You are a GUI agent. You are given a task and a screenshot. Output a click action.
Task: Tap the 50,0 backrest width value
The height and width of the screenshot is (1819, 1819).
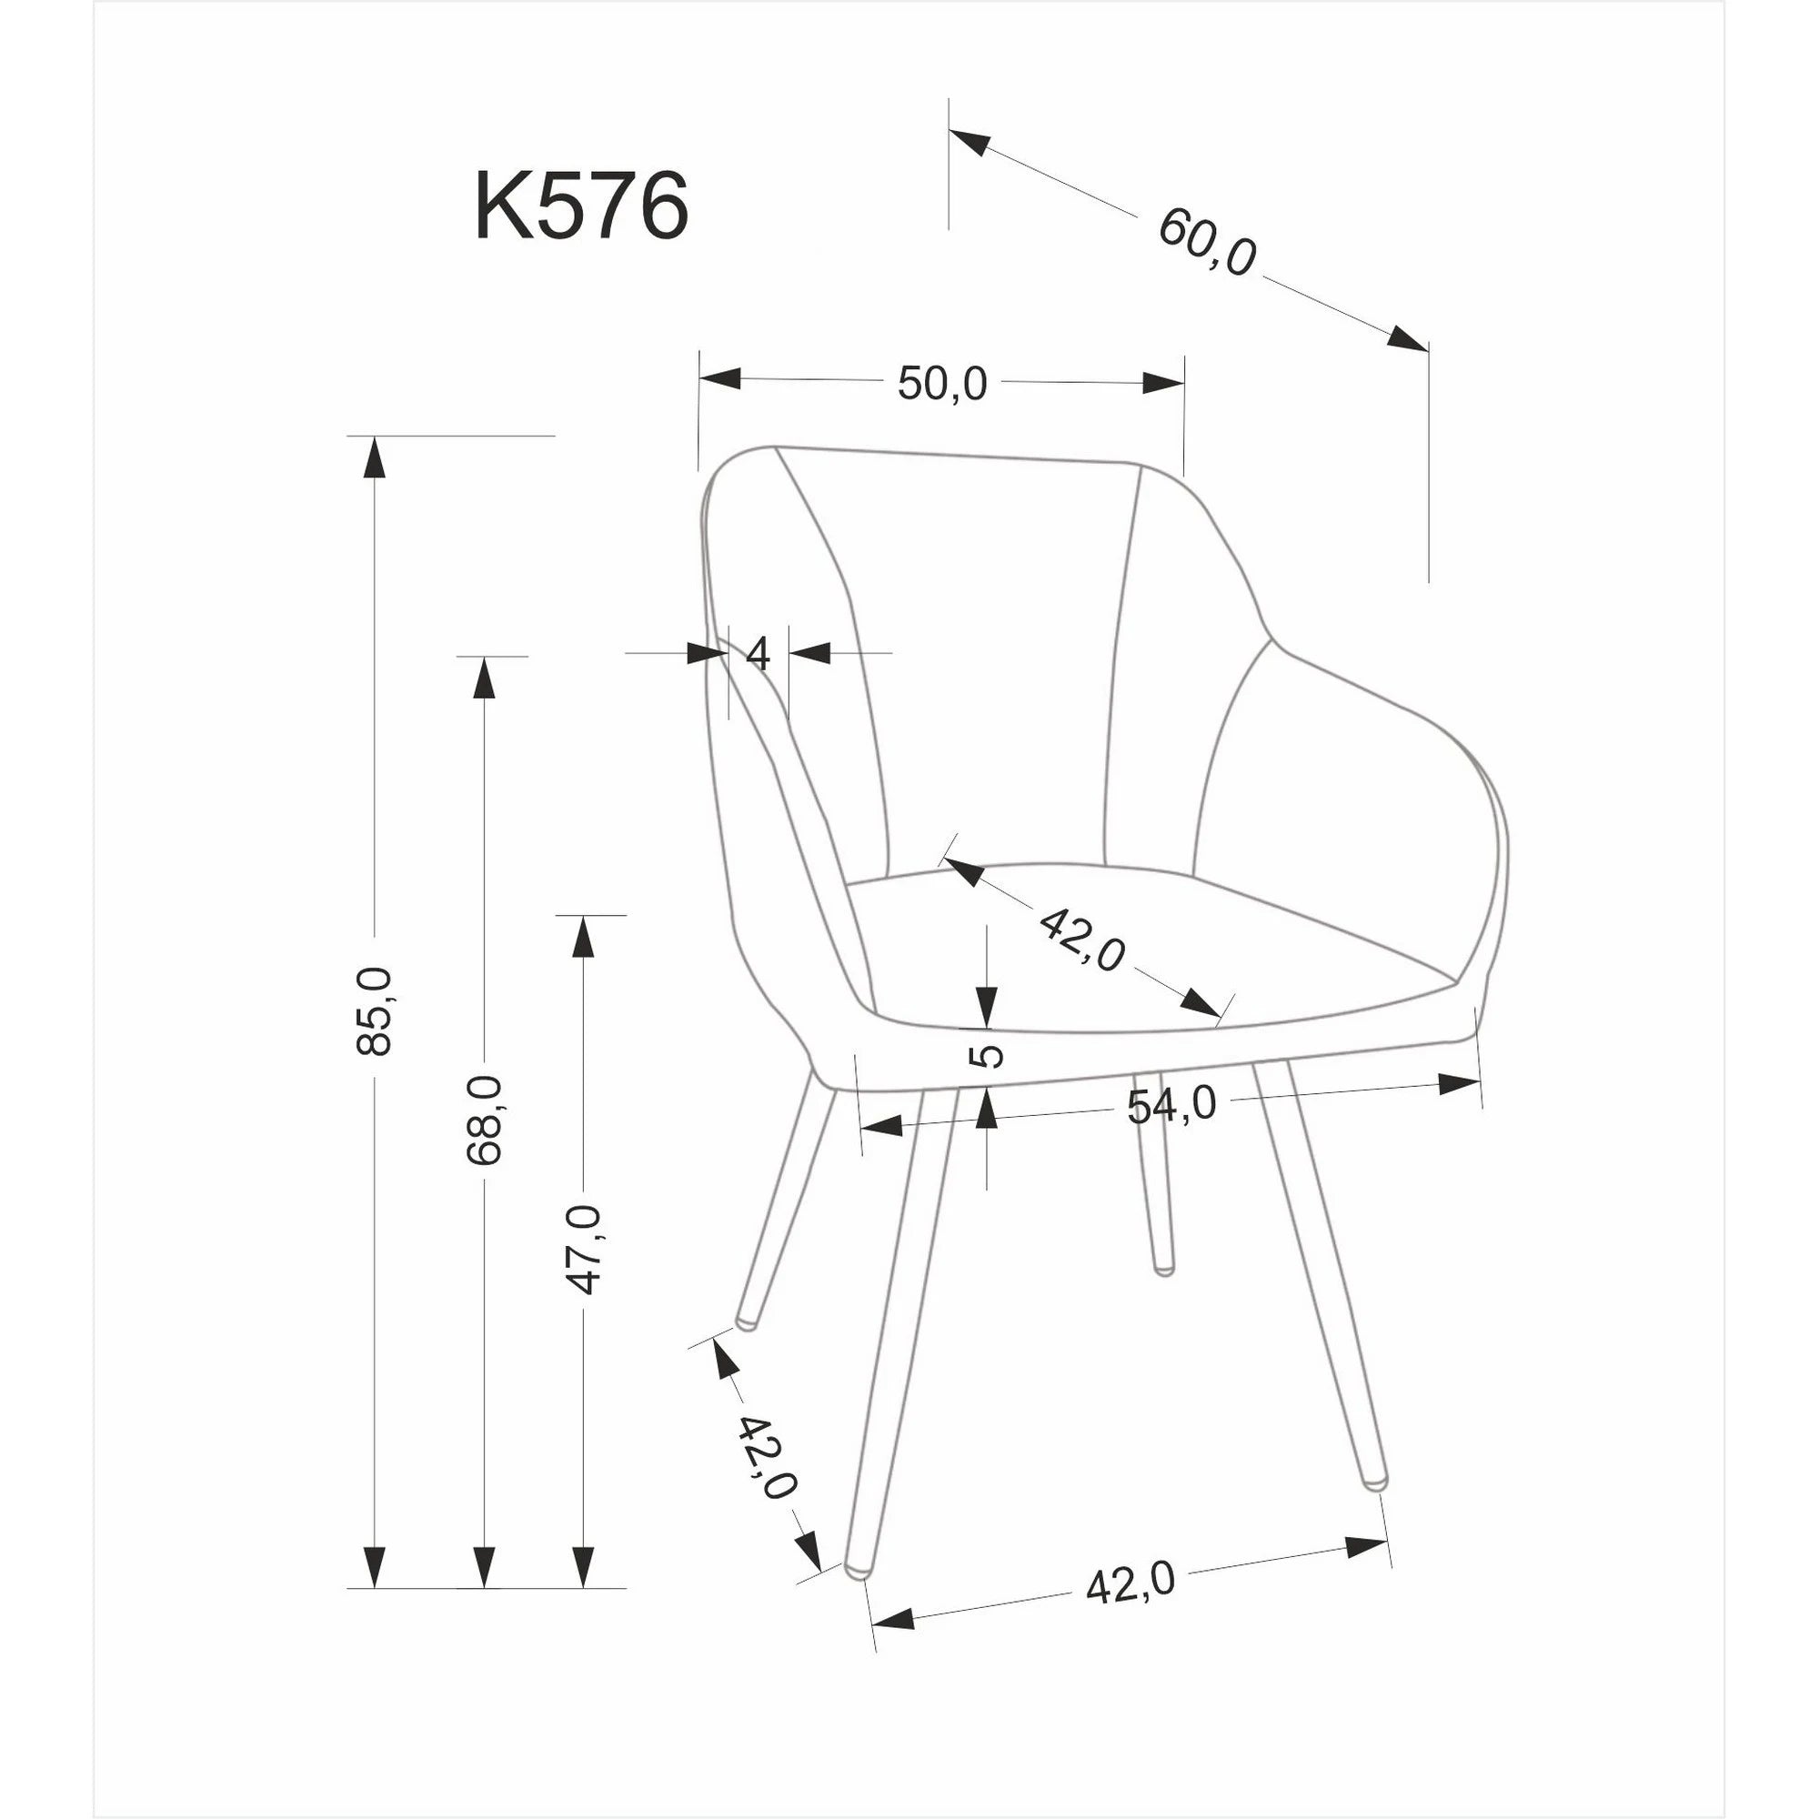(x=941, y=384)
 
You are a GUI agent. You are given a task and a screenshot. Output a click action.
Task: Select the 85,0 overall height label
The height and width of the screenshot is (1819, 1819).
(x=375, y=1010)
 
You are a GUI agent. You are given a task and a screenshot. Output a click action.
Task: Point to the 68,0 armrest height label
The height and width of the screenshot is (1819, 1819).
(x=485, y=1120)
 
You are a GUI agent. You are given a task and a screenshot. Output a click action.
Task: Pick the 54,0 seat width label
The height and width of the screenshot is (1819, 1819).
(x=1171, y=1104)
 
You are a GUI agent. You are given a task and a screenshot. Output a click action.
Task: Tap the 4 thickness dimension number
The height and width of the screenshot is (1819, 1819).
(x=758, y=652)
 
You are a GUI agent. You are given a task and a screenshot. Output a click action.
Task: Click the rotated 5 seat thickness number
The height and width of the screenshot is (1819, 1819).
(x=987, y=1055)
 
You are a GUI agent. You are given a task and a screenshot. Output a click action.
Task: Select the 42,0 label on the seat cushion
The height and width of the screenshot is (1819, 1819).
(x=1082, y=939)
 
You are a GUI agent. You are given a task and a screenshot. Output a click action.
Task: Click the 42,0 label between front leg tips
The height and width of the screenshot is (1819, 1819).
(x=1130, y=1583)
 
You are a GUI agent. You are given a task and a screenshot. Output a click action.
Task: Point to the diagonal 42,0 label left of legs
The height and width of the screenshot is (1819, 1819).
(x=766, y=1457)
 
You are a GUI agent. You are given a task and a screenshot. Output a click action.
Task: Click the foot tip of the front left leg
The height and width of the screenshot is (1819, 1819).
(x=856, y=1570)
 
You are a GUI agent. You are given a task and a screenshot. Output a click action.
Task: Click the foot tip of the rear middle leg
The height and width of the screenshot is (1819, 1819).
(x=1165, y=1270)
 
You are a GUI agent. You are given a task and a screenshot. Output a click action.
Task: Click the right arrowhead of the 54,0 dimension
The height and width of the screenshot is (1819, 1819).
(x=1460, y=1084)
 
